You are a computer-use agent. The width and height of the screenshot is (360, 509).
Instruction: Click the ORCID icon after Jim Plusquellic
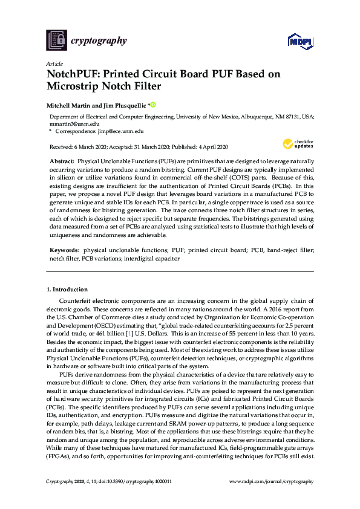click(153, 104)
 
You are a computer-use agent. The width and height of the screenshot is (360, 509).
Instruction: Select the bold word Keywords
click(64, 250)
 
